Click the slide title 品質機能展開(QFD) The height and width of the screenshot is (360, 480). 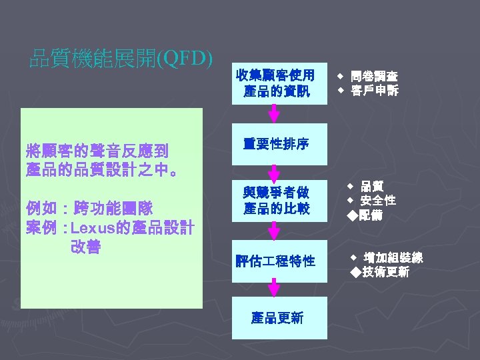[x=121, y=60]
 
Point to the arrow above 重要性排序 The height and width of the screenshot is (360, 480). [x=274, y=114]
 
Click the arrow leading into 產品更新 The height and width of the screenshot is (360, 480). [x=274, y=289]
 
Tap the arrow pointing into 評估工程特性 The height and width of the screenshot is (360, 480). [x=274, y=231]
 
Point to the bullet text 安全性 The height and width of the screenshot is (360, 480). [x=378, y=200]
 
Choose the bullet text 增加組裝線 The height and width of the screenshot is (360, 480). [x=393, y=258]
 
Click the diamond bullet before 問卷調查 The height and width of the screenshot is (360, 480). [x=339, y=77]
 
